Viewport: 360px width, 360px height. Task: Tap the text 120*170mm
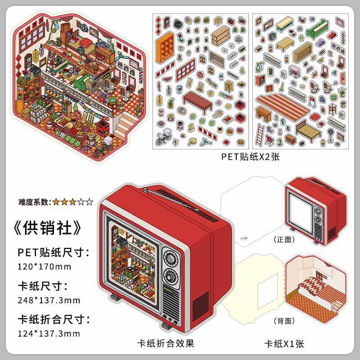(44, 266)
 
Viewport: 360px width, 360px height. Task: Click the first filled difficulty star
(56, 202)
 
